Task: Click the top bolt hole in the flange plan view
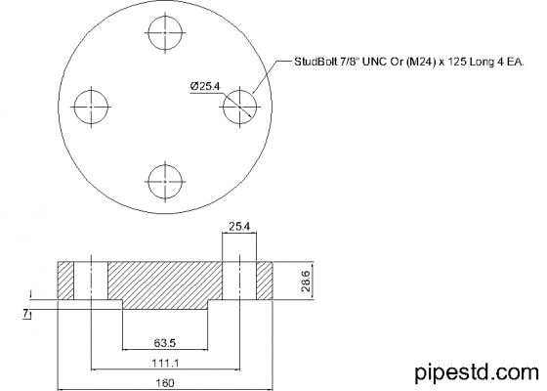click(x=163, y=31)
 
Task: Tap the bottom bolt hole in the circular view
click(x=163, y=179)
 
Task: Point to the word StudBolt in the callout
click(x=315, y=62)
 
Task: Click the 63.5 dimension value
click(x=164, y=343)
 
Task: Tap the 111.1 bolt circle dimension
click(x=164, y=363)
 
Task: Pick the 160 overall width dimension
click(x=164, y=382)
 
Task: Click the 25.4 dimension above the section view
click(x=239, y=227)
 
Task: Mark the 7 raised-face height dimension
click(x=23, y=312)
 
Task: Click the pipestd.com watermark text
click(x=476, y=371)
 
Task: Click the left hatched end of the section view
click(x=66, y=282)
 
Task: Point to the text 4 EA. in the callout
click(x=510, y=62)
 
